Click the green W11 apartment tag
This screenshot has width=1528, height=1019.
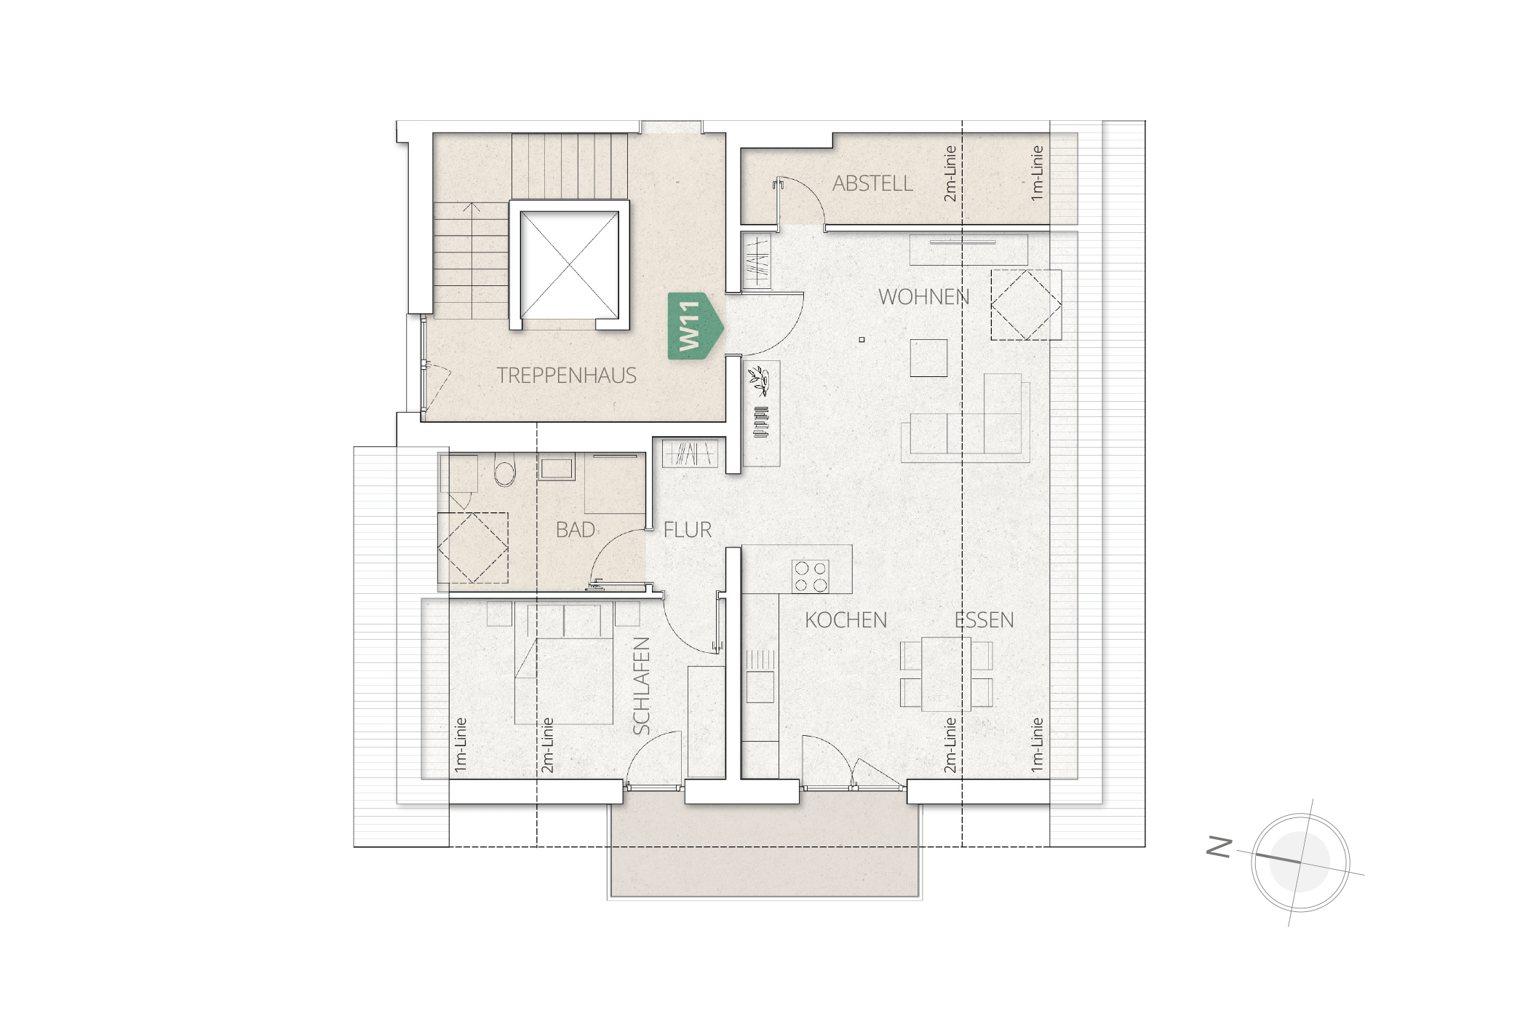pyautogui.click(x=696, y=325)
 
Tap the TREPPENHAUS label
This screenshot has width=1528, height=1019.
pyautogui.click(x=566, y=376)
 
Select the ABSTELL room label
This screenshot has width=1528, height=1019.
pyautogui.click(x=872, y=183)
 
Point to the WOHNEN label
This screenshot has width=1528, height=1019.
pyautogui.click(x=924, y=297)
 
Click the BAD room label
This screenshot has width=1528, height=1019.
pyautogui.click(x=576, y=530)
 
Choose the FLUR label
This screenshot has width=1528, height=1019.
pyautogui.click(x=688, y=530)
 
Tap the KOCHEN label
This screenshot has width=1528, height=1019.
pyautogui.click(x=845, y=620)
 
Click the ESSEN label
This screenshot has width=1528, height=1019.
pyautogui.click(x=984, y=620)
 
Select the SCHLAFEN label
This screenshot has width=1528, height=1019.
pyautogui.click(x=641, y=686)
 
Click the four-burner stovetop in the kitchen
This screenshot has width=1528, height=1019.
pyautogui.click(x=811, y=576)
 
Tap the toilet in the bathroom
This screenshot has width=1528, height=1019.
pyautogui.click(x=504, y=469)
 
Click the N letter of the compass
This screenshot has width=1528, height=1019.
pyautogui.click(x=1219, y=847)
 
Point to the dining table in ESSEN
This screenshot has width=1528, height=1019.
pyautogui.click(x=946, y=673)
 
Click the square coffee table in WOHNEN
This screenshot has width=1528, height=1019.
pyautogui.click(x=929, y=357)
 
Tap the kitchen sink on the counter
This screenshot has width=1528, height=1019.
pyautogui.click(x=760, y=686)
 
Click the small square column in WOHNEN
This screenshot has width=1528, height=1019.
pyautogui.click(x=862, y=339)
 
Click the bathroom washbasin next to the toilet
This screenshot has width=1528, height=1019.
pyautogui.click(x=557, y=469)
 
